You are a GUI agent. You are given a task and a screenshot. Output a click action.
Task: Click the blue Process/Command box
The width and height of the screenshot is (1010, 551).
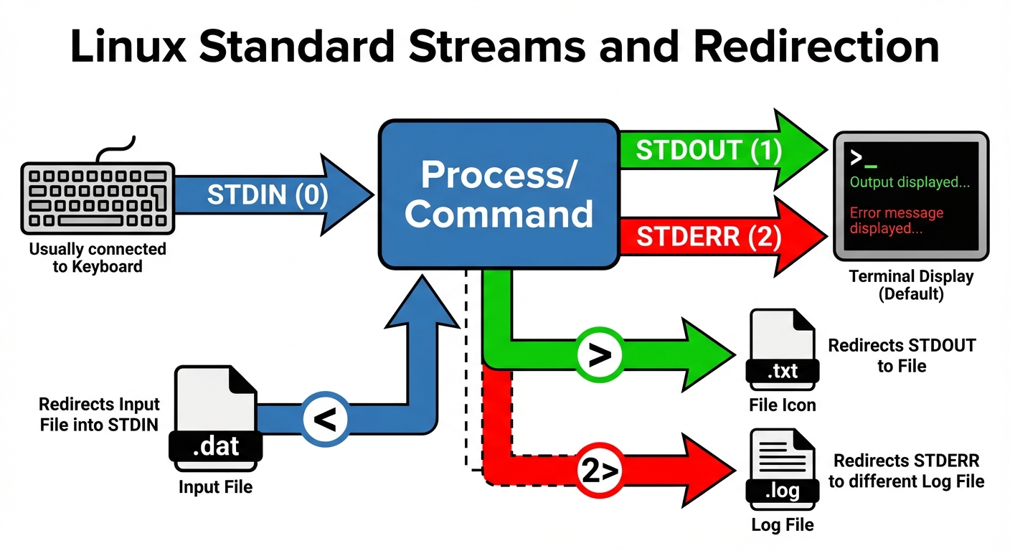tap(499, 194)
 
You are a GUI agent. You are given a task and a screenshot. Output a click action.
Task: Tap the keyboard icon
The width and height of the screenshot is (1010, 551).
tap(98, 198)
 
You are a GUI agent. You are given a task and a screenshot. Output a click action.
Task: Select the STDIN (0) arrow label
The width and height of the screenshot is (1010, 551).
tap(267, 195)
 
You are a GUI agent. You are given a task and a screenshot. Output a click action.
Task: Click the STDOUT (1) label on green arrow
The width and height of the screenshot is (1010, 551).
tap(709, 151)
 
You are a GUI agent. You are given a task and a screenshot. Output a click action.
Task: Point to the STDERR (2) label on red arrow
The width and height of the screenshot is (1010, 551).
tap(709, 237)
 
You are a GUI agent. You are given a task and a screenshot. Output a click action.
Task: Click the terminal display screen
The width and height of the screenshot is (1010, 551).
tap(910, 196)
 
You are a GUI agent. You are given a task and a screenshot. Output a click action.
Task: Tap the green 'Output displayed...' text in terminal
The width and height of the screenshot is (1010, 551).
tap(910, 182)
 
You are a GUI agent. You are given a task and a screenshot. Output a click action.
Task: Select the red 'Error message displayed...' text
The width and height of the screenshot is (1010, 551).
tap(897, 220)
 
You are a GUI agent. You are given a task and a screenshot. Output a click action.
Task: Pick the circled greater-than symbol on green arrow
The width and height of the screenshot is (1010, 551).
tap(599, 354)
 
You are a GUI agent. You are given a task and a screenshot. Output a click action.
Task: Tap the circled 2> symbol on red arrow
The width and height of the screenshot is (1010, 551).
tap(599, 471)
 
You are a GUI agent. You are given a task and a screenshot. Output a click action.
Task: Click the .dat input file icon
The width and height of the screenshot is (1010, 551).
tap(215, 416)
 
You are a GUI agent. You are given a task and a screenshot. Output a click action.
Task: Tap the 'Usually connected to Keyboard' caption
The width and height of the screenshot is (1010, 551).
tap(98, 258)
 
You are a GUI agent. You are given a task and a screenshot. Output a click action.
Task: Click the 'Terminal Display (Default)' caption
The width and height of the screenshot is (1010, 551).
tap(911, 285)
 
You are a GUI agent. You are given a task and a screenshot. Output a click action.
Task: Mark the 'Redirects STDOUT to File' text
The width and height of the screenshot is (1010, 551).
tap(902, 355)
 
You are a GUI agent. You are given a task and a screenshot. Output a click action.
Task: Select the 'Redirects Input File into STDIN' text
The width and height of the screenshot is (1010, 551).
tap(99, 414)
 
